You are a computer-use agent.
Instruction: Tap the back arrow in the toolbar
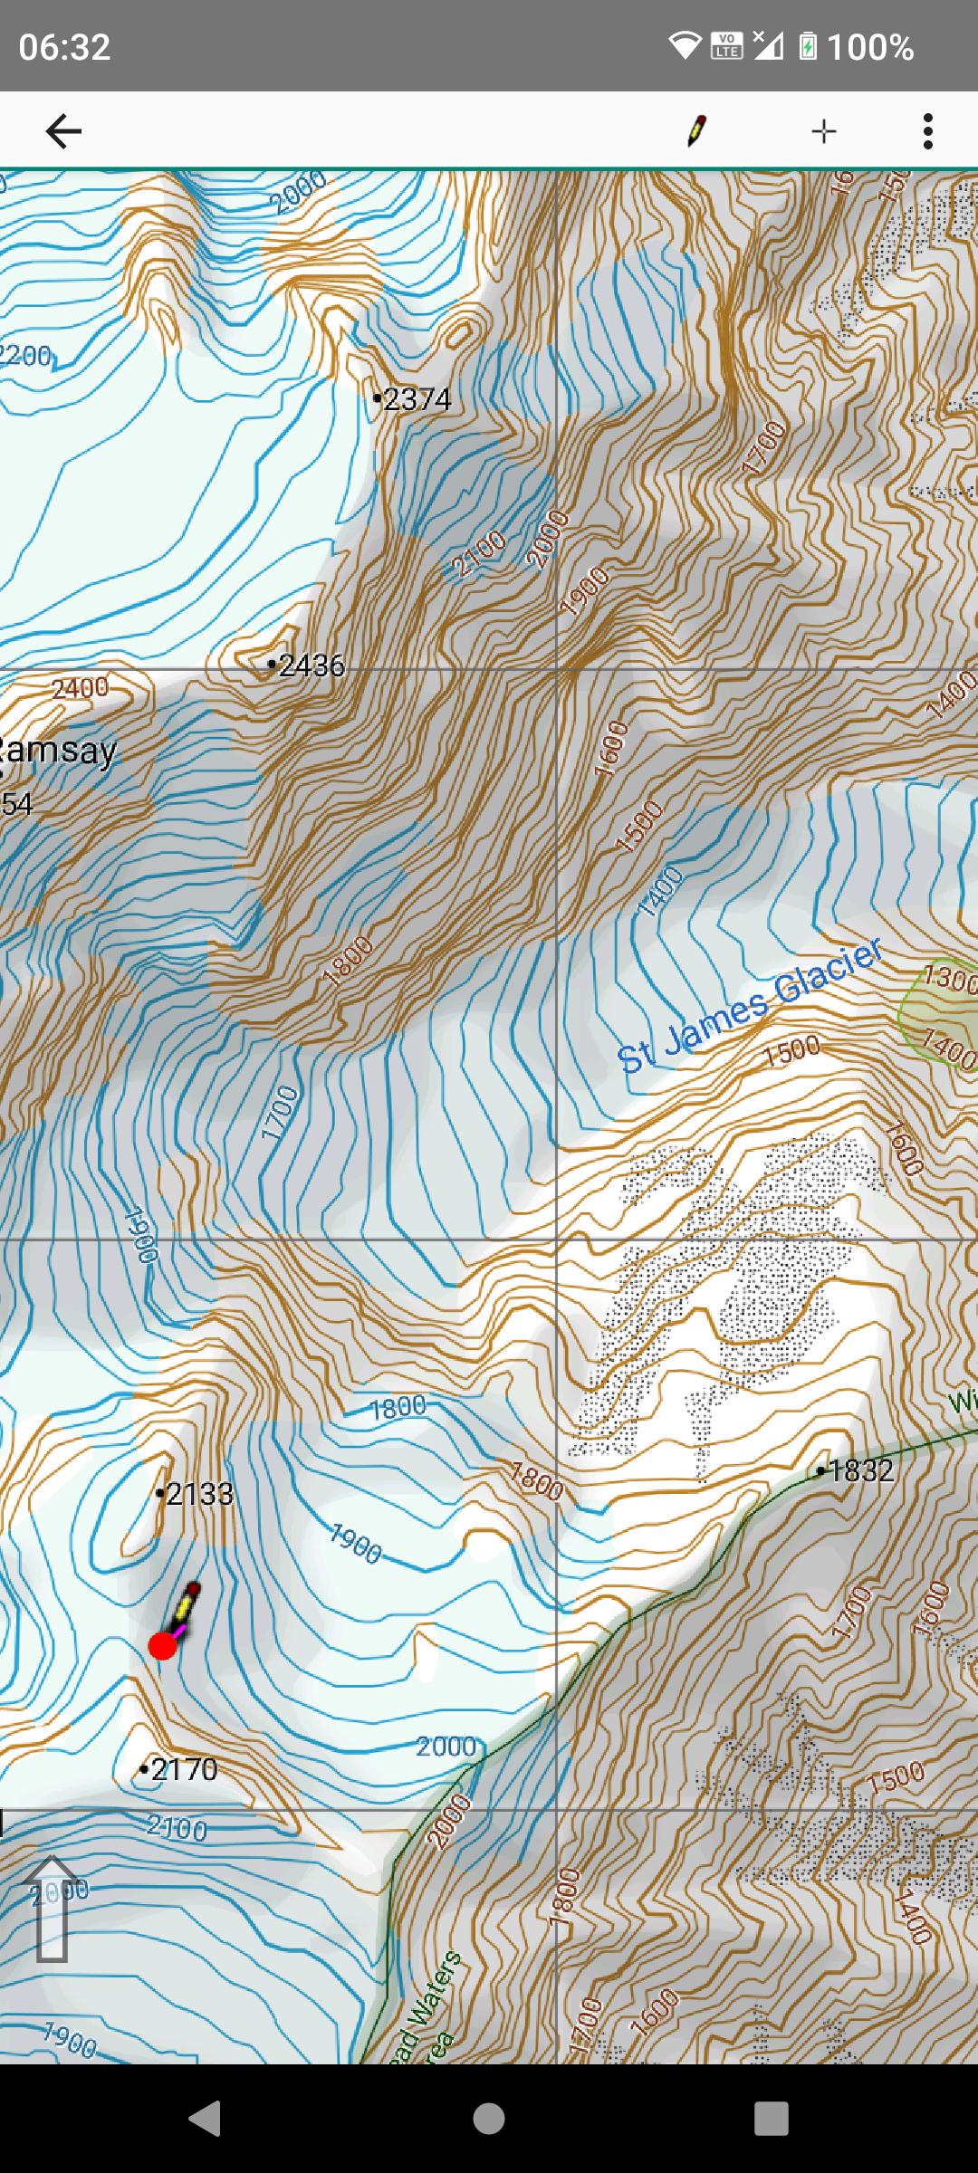click(63, 131)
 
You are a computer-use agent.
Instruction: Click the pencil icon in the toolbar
click(695, 131)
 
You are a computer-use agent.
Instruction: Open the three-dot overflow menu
click(927, 131)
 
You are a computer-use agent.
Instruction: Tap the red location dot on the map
click(162, 1646)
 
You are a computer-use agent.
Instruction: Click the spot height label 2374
click(417, 399)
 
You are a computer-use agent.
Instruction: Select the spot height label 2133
click(199, 1494)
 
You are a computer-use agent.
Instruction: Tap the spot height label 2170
click(184, 1769)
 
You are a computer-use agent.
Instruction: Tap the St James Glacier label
click(750, 1007)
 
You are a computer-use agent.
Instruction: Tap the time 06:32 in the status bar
click(64, 47)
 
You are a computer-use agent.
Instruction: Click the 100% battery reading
click(869, 47)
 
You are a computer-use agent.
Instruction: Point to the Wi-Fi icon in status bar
click(686, 45)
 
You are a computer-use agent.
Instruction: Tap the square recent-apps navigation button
click(771, 2119)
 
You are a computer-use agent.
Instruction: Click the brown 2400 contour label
click(80, 688)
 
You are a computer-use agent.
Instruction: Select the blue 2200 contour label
click(25, 355)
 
